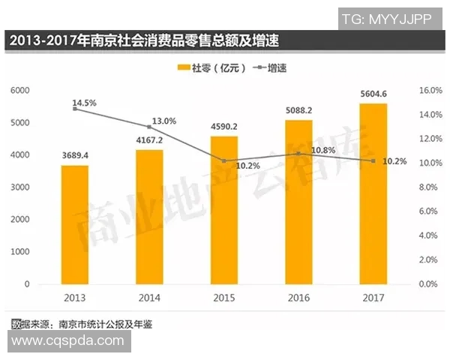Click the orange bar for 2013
click(74, 224)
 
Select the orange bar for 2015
click(223, 210)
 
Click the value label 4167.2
click(148, 140)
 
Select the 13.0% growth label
click(163, 120)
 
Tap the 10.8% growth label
click(322, 150)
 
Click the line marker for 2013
click(74, 109)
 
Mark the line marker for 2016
click(298, 154)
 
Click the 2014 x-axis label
click(148, 298)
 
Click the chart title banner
click(150, 40)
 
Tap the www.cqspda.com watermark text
click(67, 340)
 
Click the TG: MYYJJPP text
click(391, 17)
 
